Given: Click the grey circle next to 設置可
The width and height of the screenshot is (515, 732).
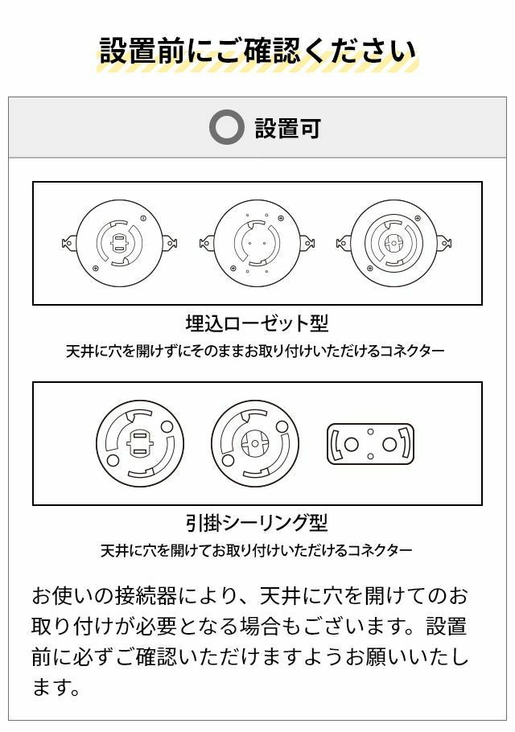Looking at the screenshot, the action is [x=226, y=127].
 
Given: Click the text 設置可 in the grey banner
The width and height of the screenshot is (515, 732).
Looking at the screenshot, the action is [x=287, y=128].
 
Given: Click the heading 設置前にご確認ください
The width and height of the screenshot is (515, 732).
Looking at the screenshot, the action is [x=257, y=51].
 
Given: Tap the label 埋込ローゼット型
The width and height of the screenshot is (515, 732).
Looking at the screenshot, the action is [x=257, y=323].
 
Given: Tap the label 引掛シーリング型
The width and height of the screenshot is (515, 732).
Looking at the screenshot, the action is [x=257, y=523].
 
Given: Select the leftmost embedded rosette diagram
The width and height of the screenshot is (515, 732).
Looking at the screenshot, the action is [x=120, y=243].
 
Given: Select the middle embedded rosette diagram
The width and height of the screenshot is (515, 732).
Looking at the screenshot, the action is [x=257, y=243].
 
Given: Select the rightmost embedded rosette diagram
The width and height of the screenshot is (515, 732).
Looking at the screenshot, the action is [x=394, y=243].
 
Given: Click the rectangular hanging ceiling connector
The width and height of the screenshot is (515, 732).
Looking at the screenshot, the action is [x=370, y=443].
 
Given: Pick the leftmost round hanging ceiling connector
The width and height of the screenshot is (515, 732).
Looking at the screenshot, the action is [x=140, y=443].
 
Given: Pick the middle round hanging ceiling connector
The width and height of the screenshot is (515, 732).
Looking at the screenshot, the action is [x=255, y=443].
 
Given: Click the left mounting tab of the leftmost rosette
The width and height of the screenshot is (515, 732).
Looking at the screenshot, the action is [x=69, y=243].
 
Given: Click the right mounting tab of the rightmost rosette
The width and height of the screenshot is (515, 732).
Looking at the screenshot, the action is [x=444, y=243].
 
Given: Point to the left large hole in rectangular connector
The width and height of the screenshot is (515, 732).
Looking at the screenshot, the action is [x=351, y=444].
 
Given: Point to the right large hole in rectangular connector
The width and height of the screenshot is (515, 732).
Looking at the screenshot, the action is [x=389, y=444].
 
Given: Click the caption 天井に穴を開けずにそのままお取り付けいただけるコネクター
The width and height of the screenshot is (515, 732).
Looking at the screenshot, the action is [x=255, y=351].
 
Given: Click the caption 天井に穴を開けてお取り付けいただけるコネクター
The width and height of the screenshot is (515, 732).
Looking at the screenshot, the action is [x=257, y=551].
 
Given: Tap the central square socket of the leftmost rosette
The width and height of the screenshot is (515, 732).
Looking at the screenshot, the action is [x=120, y=243].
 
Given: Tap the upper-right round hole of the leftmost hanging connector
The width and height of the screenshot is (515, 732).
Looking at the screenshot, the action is [x=167, y=426].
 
